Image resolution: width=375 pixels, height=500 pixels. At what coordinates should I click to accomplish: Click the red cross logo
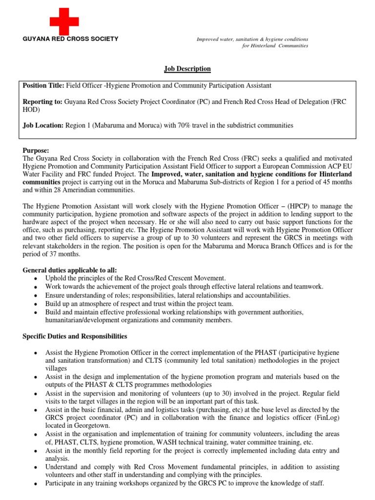[64, 21]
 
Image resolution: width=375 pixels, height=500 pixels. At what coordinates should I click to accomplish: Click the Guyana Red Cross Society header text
[70, 39]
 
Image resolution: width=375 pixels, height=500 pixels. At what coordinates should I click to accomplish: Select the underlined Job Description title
[187, 69]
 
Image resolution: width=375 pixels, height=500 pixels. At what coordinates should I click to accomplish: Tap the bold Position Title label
[43, 85]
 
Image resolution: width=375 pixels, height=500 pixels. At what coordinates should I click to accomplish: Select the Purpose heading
[36, 151]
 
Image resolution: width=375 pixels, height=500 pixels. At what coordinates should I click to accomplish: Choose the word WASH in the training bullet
[175, 441]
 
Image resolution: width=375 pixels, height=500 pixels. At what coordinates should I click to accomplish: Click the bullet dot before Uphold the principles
[36, 278]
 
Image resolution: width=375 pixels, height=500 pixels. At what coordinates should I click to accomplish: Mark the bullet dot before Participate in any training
[36, 483]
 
